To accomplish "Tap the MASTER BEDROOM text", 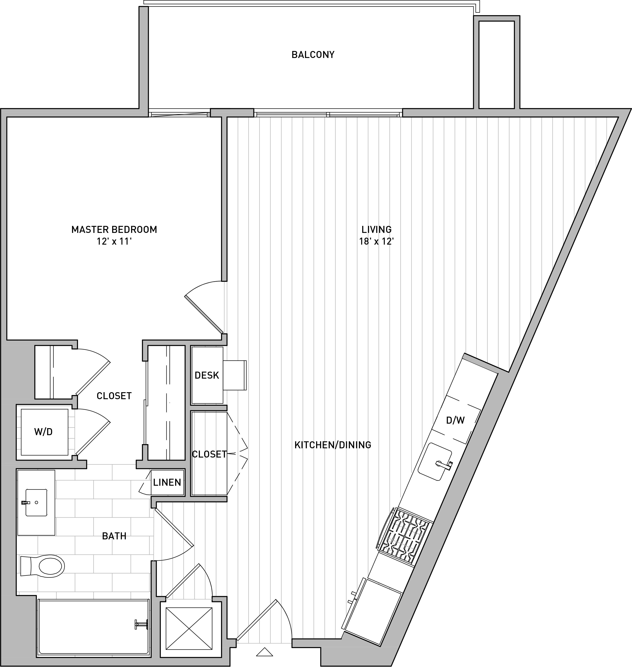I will point(114,230).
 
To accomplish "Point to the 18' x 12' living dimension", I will point(376,242).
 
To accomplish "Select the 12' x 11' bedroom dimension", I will point(114,242).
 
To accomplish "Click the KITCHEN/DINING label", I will point(333,445).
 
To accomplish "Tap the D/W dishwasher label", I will point(455,420).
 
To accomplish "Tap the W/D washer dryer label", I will point(43,432).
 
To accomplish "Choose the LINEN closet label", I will point(167,482).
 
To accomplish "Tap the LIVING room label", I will point(376,230).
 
